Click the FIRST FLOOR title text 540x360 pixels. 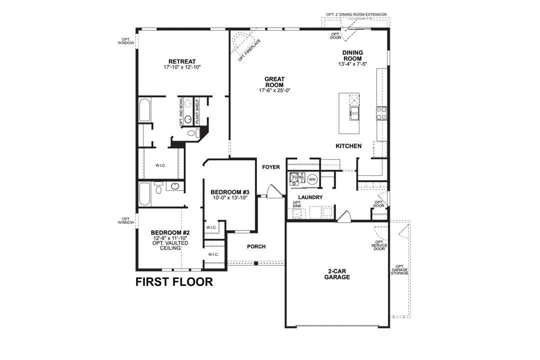coord(174,282)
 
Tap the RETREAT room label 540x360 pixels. coord(181,61)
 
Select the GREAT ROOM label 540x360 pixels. coord(274,82)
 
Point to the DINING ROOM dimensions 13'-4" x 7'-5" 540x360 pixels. coord(352,64)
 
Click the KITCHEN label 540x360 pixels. coord(348,146)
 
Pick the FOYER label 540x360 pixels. coord(271,167)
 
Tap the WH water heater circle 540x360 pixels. coord(312,178)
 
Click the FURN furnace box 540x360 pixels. coord(297,178)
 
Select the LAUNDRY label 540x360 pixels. coord(310,197)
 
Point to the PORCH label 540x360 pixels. coord(256,246)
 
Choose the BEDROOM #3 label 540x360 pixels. coord(230,192)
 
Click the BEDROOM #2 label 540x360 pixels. coord(170,232)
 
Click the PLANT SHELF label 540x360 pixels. coord(197,110)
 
